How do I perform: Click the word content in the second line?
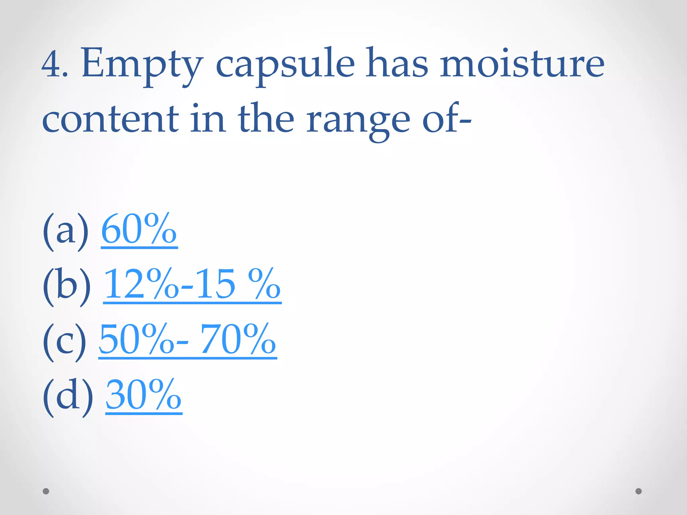click(x=111, y=119)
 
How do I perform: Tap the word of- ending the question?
click(x=446, y=119)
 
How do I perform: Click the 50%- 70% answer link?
click(x=188, y=340)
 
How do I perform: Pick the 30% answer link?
click(x=144, y=395)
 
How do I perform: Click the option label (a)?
click(x=66, y=231)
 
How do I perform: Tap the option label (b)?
click(x=67, y=286)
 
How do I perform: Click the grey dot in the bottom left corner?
click(x=46, y=491)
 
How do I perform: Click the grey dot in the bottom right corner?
click(x=639, y=491)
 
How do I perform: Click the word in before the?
click(x=208, y=119)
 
